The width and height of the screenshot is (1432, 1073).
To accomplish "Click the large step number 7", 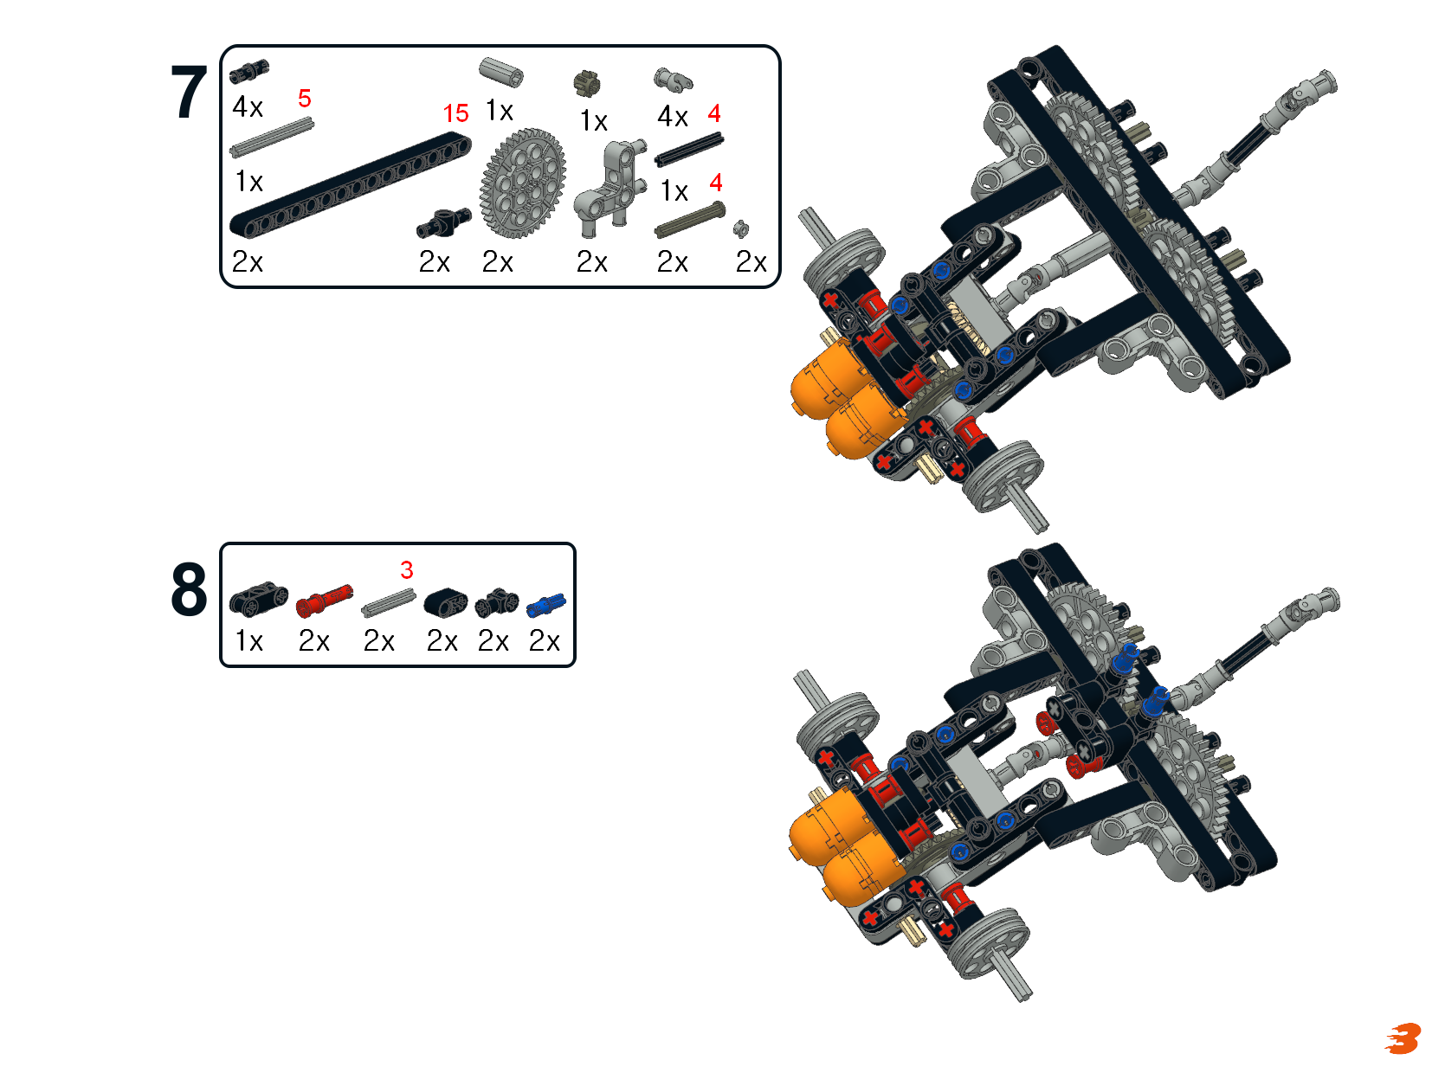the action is coord(190,92).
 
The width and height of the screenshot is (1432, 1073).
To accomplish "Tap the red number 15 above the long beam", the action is coord(455,113).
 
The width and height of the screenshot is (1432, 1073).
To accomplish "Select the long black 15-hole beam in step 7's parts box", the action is coord(351,184).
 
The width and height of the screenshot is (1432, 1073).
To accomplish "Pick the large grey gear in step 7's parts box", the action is coord(523,183).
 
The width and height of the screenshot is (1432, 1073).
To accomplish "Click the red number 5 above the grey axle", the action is coord(304,99).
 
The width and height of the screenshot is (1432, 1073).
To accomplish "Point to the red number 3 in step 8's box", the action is coord(406,569).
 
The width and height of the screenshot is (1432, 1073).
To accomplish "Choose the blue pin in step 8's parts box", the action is coord(545,605).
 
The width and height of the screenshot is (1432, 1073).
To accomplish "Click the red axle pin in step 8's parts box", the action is coord(324,601).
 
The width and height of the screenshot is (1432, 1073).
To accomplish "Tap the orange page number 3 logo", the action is coord(1403,1038).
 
